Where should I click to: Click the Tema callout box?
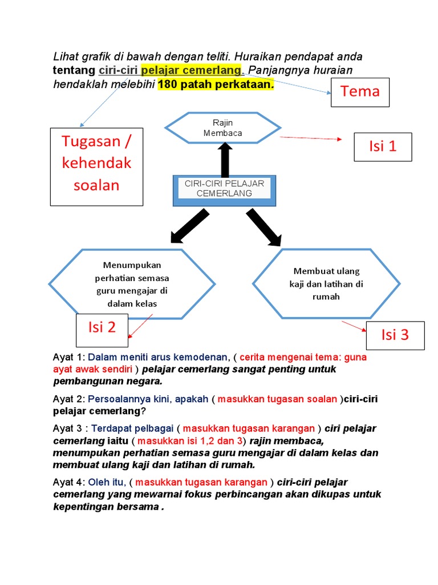(360, 91)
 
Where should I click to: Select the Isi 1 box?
(382, 146)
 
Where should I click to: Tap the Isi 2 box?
(102, 327)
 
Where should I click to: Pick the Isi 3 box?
(395, 335)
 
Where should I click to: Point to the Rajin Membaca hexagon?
(223, 128)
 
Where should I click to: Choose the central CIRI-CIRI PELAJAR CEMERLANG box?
(225, 190)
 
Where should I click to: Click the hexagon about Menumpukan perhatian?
(132, 284)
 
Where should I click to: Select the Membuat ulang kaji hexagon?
(327, 283)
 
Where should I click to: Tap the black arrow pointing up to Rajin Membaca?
(225, 160)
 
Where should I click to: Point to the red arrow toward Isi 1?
(310, 138)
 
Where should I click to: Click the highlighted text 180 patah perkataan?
(216, 85)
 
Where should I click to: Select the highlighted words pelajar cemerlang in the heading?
(192, 70)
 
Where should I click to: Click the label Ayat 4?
(68, 482)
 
